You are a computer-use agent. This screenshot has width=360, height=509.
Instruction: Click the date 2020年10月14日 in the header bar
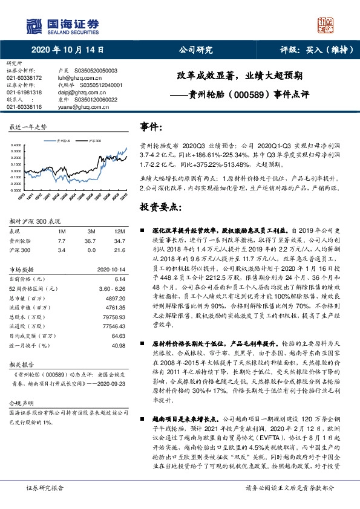click(x=63, y=50)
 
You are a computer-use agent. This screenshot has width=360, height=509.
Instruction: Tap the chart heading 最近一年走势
click(x=28, y=128)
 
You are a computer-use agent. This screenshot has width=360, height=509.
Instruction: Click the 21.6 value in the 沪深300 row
click(x=119, y=248)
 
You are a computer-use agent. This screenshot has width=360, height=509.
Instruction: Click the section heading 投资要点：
click(x=160, y=207)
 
